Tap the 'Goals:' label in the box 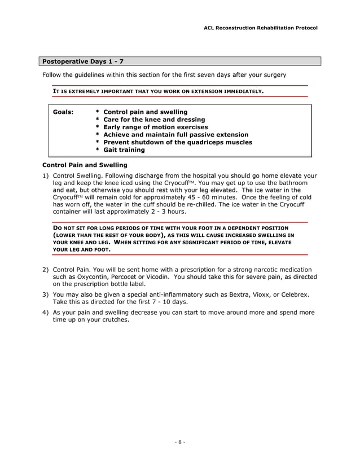pyautogui.click(x=63, y=112)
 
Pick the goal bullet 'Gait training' pyautogui.click(x=124, y=150)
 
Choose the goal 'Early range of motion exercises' pyautogui.click(x=156, y=127)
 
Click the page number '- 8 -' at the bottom pyautogui.click(x=179, y=442)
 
